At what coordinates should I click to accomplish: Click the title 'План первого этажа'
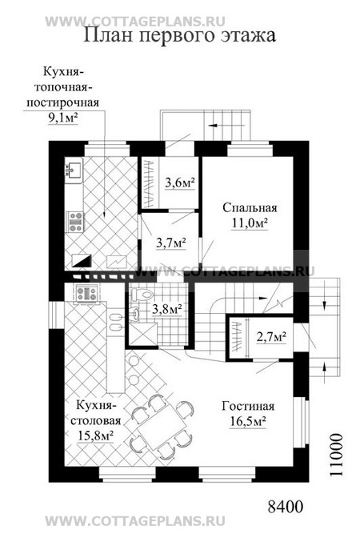pyautogui.click(x=180, y=35)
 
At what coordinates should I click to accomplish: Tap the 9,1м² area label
pyautogui.click(x=62, y=118)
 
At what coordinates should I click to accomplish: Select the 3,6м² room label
pyautogui.click(x=180, y=183)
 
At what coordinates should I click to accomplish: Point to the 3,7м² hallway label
pyautogui.click(x=171, y=243)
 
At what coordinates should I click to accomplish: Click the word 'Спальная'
pyautogui.click(x=250, y=207)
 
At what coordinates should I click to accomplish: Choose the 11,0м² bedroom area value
pyautogui.click(x=250, y=223)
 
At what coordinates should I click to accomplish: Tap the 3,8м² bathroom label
pyautogui.click(x=167, y=308)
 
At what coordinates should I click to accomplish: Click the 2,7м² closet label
pyautogui.click(x=271, y=336)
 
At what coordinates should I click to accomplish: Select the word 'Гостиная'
pyautogui.click(x=248, y=406)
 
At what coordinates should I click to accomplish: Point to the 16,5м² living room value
pyautogui.click(x=248, y=421)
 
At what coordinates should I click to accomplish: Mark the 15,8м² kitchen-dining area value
pyautogui.click(x=96, y=436)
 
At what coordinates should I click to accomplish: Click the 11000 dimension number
pyautogui.click(x=337, y=455)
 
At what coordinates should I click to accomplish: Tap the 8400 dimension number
pyautogui.click(x=286, y=507)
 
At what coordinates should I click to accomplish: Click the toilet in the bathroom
pyautogui.click(x=142, y=295)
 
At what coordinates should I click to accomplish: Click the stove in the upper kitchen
pyautogui.click(x=76, y=222)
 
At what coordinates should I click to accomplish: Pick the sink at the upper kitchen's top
pyautogui.click(x=74, y=170)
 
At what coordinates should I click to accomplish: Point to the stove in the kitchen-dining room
pyautogui.click(x=86, y=294)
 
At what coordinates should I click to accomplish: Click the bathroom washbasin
pyautogui.click(x=137, y=314)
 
